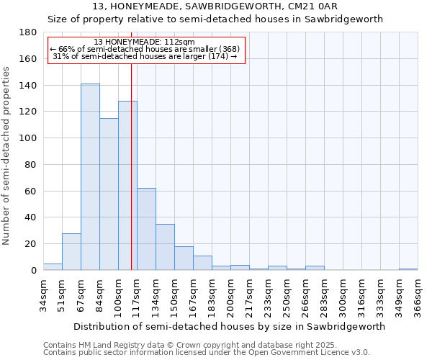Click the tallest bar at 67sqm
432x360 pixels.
coord(90,177)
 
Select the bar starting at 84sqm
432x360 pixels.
coord(109,194)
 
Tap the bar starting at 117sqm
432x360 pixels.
coord(146,229)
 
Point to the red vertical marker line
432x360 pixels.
coord(131,166)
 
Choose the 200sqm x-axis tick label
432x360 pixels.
coord(230,294)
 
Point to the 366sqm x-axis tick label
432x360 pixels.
coord(418,294)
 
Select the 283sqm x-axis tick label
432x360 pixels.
coord(324,294)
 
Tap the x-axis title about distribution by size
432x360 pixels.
coord(229,326)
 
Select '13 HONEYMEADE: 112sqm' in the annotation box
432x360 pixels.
coord(144,42)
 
